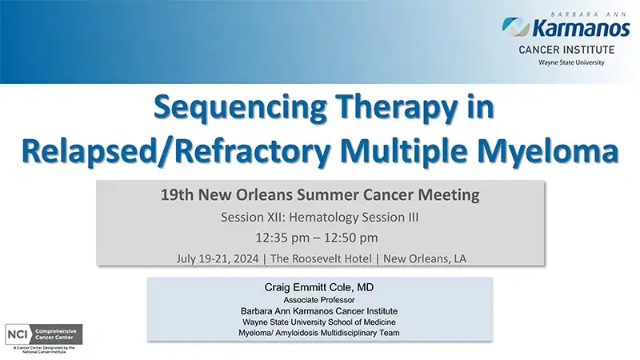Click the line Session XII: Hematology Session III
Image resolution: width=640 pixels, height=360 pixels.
pyautogui.click(x=321, y=217)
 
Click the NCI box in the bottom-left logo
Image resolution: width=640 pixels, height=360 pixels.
pyautogui.click(x=17, y=333)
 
